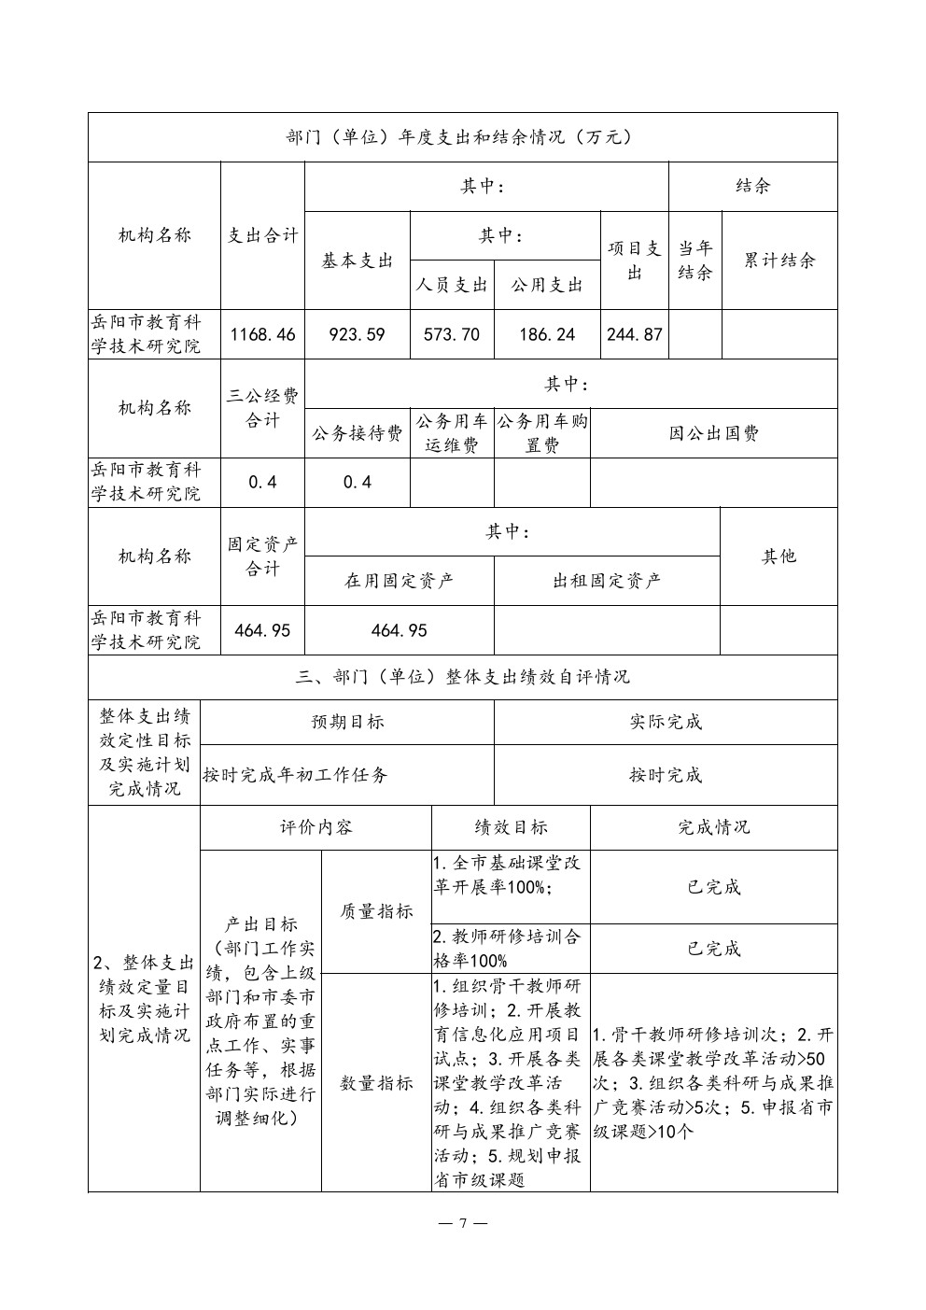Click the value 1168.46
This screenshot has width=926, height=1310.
point(262,334)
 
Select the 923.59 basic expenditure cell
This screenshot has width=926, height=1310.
point(358,334)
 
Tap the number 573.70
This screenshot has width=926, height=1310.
point(452,334)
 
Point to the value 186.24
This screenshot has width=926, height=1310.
point(547,334)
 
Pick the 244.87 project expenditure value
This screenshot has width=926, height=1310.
point(635,334)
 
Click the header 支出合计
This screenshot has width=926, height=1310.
point(262,235)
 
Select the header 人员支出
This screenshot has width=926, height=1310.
point(452,285)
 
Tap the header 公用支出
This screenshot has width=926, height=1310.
point(547,285)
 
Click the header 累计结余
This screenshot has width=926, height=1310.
point(779,261)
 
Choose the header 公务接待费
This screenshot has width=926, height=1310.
point(358,433)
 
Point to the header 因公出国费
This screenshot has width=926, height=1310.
point(714,433)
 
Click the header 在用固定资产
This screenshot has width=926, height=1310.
point(400,581)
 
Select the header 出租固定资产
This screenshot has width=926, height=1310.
point(607,581)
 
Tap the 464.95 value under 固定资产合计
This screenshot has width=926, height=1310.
point(262,630)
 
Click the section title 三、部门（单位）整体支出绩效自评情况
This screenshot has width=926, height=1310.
point(463,677)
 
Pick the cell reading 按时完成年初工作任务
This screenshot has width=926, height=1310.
point(296,775)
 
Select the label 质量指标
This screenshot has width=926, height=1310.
point(376,911)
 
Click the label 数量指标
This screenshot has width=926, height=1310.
point(376,1083)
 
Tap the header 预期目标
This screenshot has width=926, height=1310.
point(347,722)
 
